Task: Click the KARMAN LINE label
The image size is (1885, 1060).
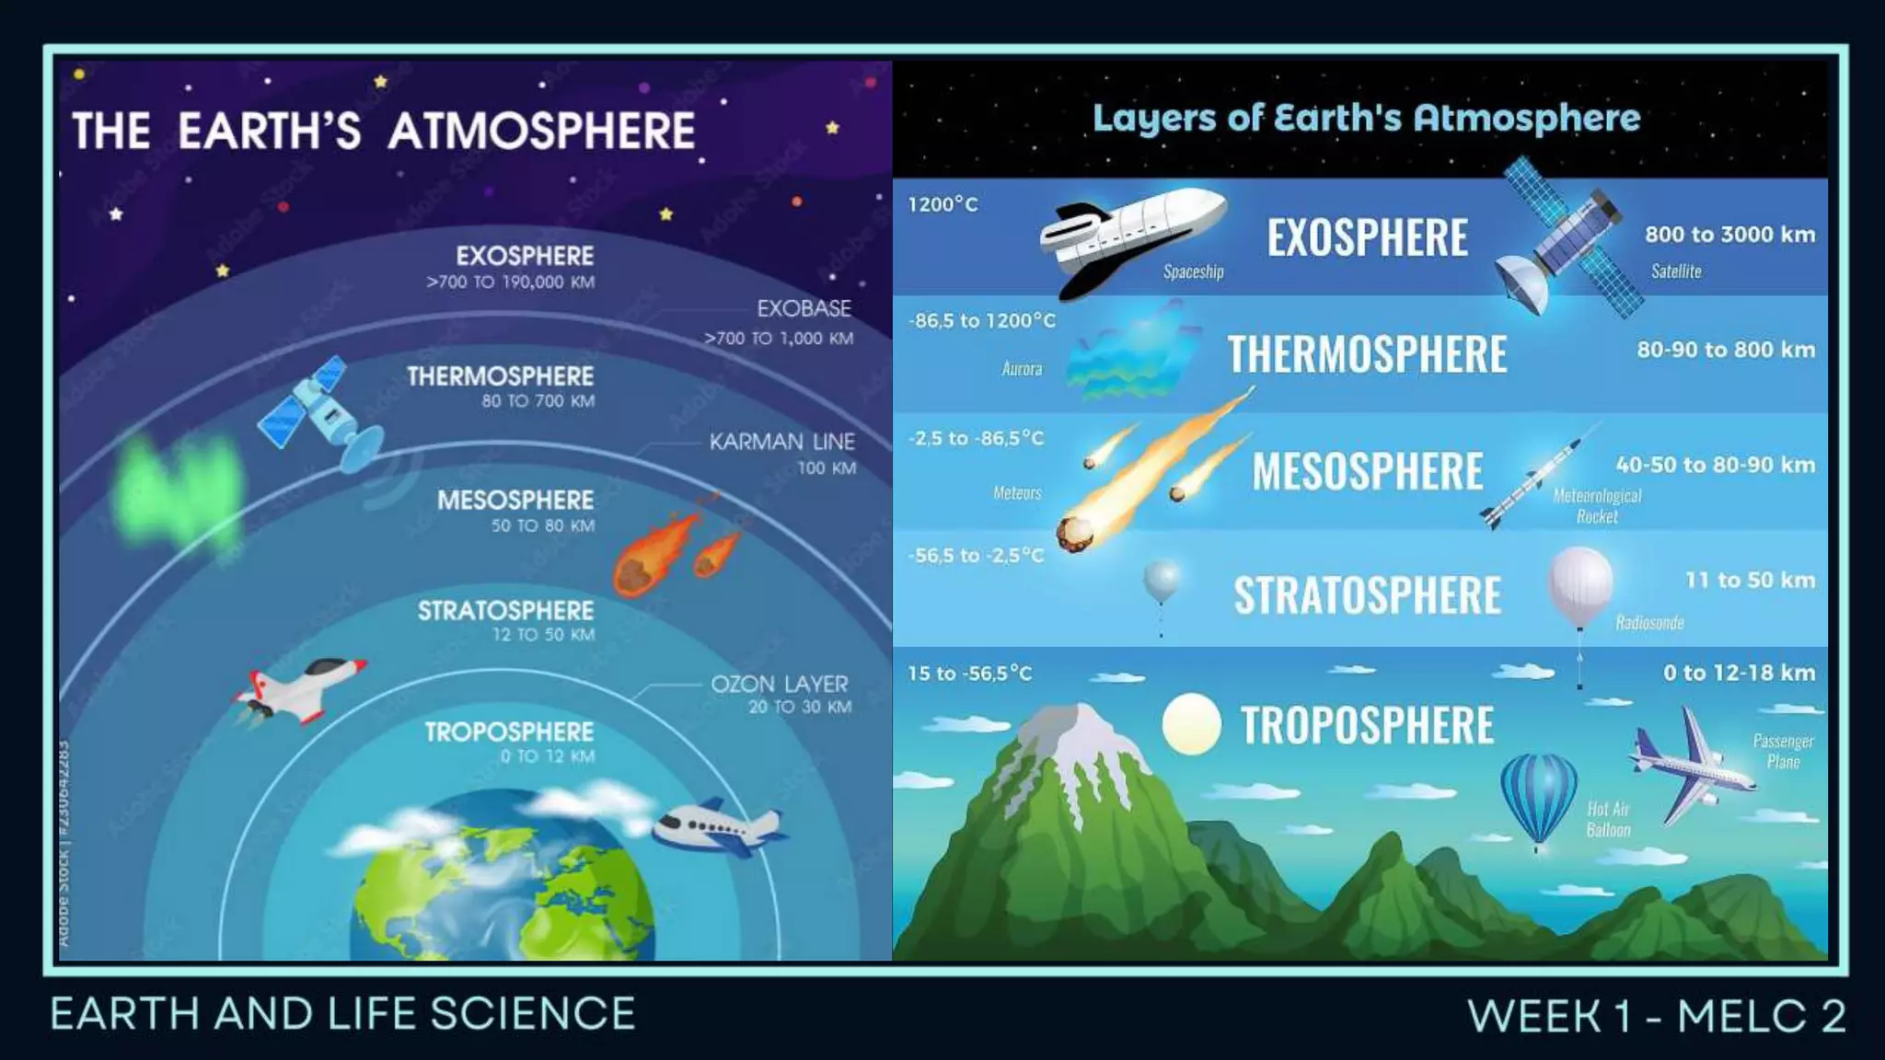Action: (x=781, y=442)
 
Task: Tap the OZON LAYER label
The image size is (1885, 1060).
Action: (x=780, y=685)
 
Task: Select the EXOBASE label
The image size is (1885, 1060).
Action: (x=804, y=308)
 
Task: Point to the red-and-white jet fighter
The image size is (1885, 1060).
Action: (x=301, y=689)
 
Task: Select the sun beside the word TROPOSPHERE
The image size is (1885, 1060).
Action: (x=1191, y=724)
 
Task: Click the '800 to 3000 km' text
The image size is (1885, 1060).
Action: (x=1729, y=235)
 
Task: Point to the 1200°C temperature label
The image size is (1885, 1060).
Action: (x=942, y=204)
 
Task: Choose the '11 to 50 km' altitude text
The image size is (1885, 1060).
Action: (x=1750, y=581)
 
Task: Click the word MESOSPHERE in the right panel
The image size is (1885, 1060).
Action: (x=1367, y=471)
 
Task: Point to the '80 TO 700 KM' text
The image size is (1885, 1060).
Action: (x=538, y=401)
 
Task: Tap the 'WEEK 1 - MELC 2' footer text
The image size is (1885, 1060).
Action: (x=1656, y=1017)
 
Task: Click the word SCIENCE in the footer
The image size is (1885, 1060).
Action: (x=533, y=1014)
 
